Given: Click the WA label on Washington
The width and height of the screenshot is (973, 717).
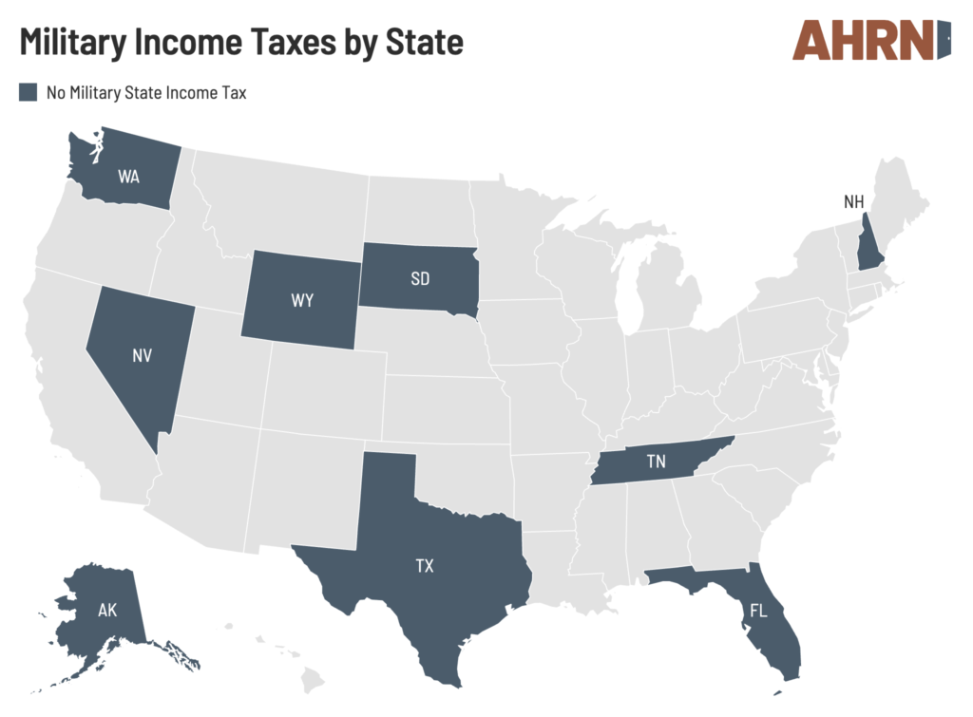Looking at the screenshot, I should point(129,176).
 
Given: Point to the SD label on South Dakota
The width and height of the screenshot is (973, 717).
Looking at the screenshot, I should point(419,279).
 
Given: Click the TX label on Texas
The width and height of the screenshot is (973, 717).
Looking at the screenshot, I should point(424,566).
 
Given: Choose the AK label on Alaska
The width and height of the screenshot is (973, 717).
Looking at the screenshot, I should point(107,611).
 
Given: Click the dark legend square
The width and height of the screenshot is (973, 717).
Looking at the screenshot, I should point(29,92).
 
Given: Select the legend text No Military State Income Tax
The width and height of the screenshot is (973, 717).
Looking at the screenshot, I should point(146,92).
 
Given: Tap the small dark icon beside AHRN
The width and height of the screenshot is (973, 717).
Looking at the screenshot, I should point(944,40).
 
